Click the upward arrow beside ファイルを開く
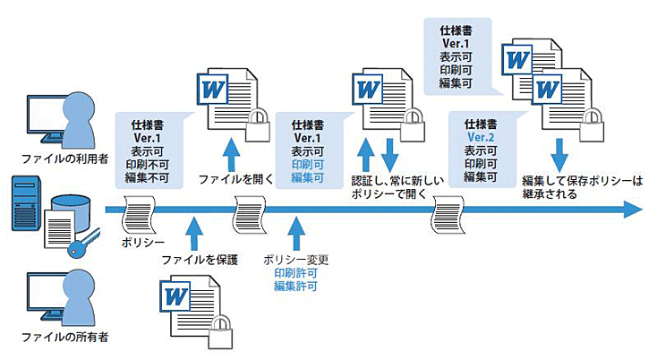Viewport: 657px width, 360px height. [x=232, y=147]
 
